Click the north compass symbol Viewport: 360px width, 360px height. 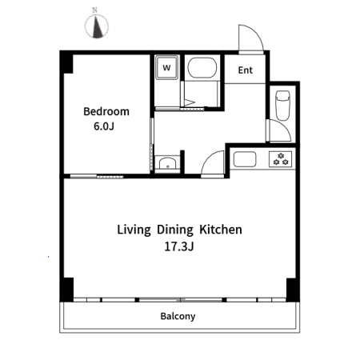(97, 26)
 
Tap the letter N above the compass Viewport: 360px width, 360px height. (94, 10)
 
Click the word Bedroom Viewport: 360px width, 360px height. (106, 111)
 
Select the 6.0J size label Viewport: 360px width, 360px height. (104, 126)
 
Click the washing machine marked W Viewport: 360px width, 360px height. (166, 67)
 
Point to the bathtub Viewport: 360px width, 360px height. (202, 67)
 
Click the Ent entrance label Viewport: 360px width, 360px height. (246, 70)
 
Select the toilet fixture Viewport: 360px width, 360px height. (283, 106)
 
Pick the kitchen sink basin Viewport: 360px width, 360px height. (245, 159)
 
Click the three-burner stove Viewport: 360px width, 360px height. (280, 159)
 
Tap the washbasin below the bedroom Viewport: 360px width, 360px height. (167, 163)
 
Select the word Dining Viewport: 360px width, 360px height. (175, 230)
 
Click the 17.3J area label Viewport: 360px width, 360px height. (179, 246)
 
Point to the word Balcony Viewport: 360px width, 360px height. (178, 316)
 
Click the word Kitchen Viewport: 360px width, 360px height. (221, 230)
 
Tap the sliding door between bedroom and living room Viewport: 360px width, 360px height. (97, 176)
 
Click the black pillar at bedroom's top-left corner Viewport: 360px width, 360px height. (66, 62)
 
